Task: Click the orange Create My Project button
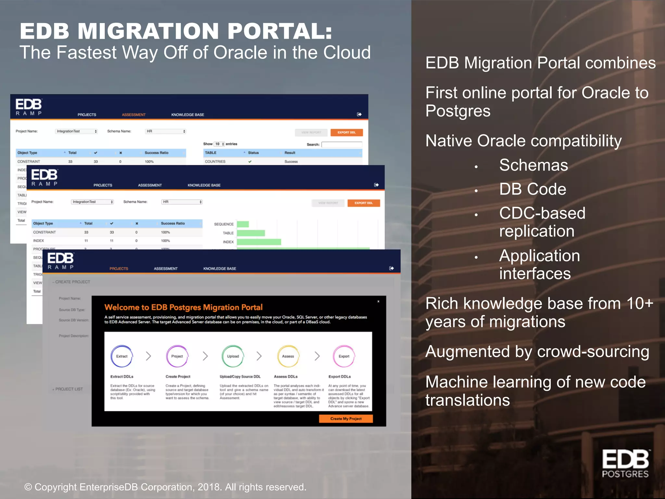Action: [x=346, y=418]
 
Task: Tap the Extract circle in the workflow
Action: [x=122, y=356]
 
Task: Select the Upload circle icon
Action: [x=233, y=356]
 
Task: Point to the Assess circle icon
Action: [x=288, y=356]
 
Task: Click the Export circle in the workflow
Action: [x=344, y=356]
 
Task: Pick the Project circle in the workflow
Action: [x=177, y=356]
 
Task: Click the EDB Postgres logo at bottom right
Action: [x=625, y=464]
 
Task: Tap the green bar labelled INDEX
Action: [x=259, y=242]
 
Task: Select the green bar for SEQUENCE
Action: [x=243, y=224]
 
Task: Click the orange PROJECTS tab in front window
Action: [x=119, y=269]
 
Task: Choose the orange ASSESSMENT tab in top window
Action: [x=134, y=115]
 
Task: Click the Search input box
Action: [x=342, y=145]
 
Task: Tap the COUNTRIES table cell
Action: [x=215, y=161]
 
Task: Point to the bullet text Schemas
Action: [x=533, y=165]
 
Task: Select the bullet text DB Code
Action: [x=533, y=189]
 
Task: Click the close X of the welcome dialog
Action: [x=378, y=301]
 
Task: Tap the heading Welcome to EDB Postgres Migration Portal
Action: [x=183, y=307]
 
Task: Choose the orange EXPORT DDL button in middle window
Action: [x=364, y=203]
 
